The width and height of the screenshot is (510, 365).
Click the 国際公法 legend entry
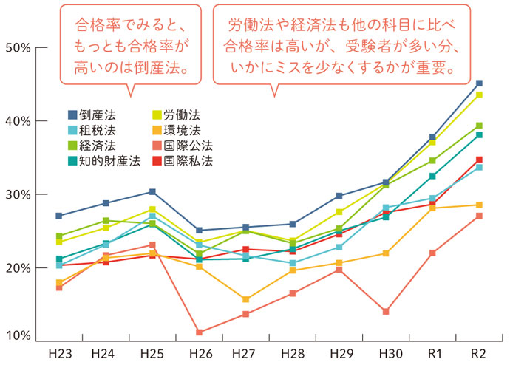(182, 145)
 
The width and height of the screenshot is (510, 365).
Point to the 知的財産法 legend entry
(103, 160)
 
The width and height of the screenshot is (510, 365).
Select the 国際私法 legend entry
(182, 160)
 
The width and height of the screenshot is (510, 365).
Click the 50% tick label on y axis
(17, 48)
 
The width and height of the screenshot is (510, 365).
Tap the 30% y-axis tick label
(17, 195)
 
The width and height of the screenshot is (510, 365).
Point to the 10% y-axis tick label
(17, 336)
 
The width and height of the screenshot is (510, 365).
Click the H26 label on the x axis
(199, 353)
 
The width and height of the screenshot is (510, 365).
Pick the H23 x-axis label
(59, 353)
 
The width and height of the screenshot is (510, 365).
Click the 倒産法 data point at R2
(479, 83)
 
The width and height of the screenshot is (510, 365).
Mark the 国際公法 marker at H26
(199, 332)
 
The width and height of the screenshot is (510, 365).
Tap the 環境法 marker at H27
(245, 299)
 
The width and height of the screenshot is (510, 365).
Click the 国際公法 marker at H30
(386, 312)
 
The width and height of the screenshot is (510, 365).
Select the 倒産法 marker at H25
(152, 192)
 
